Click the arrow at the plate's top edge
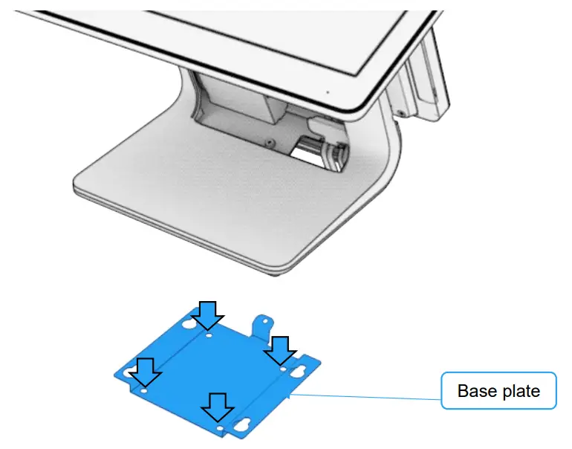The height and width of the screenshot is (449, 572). pyautogui.click(x=208, y=316)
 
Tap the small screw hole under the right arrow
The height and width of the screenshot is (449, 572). pyautogui.click(x=283, y=367)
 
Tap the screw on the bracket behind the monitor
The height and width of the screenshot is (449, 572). pyautogui.click(x=401, y=112)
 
